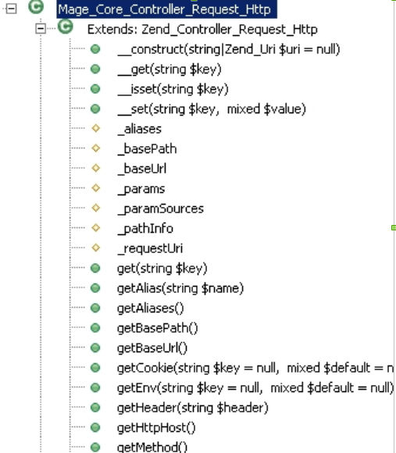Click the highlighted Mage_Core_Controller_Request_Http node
point(166,9)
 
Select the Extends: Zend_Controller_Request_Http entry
point(202,30)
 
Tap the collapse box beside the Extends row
point(41,28)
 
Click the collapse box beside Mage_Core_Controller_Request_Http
point(11,9)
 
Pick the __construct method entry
point(229,49)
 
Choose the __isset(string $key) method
point(173,89)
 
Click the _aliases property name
point(140,129)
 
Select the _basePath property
point(147,149)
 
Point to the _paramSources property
point(161,209)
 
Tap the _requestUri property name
point(150,248)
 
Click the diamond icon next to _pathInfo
point(95,227)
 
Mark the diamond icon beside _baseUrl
point(95,168)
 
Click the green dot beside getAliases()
point(95,308)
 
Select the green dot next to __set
point(95,109)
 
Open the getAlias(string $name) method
point(180,288)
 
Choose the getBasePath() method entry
point(158,328)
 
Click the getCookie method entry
point(255,368)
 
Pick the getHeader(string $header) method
point(193,408)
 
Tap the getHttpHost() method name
point(156,427)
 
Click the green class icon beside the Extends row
point(66,27)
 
